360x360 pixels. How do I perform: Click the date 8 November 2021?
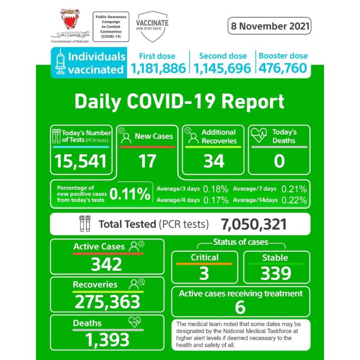269,26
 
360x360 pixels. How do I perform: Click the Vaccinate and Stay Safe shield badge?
152,26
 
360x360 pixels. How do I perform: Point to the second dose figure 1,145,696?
222,68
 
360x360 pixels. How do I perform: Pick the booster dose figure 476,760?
283,68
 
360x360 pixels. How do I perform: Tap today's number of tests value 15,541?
81,161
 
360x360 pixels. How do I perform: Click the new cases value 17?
147,161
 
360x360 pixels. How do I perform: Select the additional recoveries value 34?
214,161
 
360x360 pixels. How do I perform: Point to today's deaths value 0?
279,161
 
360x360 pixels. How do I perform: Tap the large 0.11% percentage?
130,194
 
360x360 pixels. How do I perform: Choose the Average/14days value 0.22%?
294,200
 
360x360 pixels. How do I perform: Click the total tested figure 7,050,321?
254,224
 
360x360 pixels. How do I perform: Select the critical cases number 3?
204,273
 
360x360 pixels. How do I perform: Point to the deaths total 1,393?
107,340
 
